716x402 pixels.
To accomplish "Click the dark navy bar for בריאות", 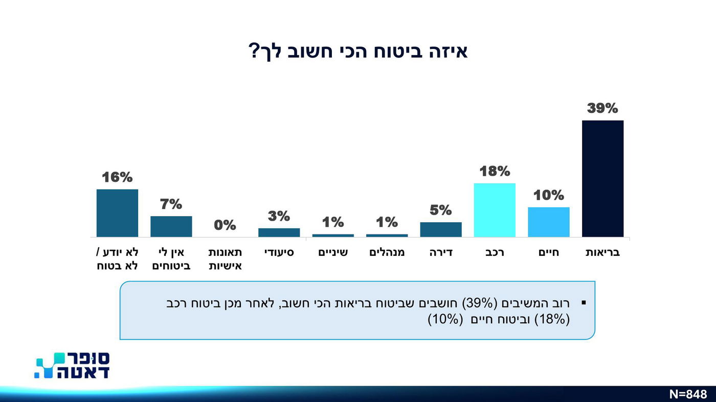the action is [x=602, y=179].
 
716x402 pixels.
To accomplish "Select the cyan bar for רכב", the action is [x=495, y=210].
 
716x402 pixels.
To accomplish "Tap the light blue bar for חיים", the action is [x=548, y=222].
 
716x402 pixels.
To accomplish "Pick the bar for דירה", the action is [x=440, y=229].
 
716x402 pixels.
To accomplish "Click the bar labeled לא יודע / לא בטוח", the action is [x=117, y=213].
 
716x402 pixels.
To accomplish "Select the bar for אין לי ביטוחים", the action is [x=171, y=226].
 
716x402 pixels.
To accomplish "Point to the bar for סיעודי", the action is [x=279, y=232].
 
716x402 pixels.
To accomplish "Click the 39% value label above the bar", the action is [x=602, y=108].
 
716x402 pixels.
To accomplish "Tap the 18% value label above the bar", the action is [x=495, y=171].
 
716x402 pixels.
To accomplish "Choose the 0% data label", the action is [x=225, y=225].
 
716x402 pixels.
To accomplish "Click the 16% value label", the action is [x=117, y=177].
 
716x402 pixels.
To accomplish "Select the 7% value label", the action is [x=171, y=204].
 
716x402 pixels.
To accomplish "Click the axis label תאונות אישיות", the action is [x=225, y=259].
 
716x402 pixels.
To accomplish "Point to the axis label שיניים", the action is [x=333, y=252].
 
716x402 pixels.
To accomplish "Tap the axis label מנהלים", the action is [x=387, y=252].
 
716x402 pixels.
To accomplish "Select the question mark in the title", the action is [x=254, y=52].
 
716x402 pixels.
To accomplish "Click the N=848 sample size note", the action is [x=688, y=394].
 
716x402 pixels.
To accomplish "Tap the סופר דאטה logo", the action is [x=72, y=365].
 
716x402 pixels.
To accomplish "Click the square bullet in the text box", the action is [x=584, y=303].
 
